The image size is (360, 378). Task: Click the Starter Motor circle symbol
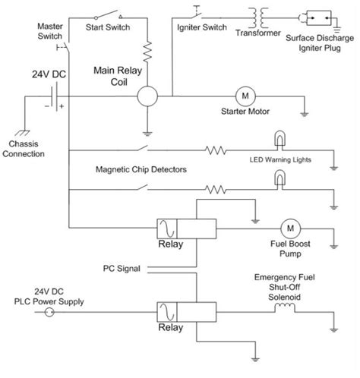click(245, 96)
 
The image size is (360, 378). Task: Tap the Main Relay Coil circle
click(147, 96)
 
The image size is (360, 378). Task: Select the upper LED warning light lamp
click(280, 140)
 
